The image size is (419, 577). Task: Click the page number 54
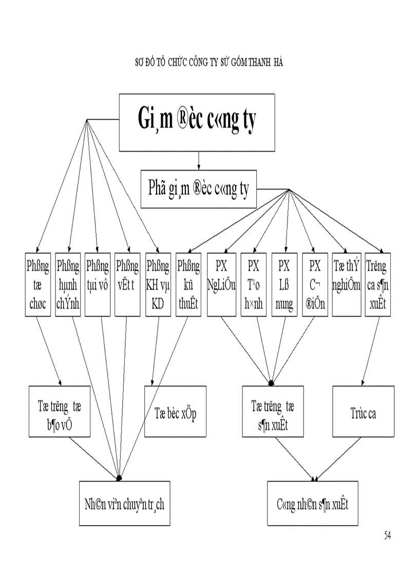point(387,535)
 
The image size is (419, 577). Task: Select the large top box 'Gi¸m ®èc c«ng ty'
point(198,120)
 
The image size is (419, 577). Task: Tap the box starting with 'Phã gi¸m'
point(198,190)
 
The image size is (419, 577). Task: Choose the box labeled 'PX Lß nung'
point(284,284)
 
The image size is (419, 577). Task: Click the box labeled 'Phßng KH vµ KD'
point(158,284)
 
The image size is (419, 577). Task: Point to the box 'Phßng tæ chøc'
point(37,284)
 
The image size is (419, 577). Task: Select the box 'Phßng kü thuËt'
point(187,284)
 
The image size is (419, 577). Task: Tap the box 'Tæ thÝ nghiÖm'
point(346,284)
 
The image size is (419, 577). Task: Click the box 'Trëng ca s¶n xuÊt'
point(377,284)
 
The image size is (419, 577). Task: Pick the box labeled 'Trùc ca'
point(363,412)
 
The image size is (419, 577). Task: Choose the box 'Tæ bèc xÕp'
point(175,412)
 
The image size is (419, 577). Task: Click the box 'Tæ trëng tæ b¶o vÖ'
point(60,412)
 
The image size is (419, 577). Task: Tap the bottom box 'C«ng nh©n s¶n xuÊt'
point(312,503)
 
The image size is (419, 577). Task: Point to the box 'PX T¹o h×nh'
point(253,284)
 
